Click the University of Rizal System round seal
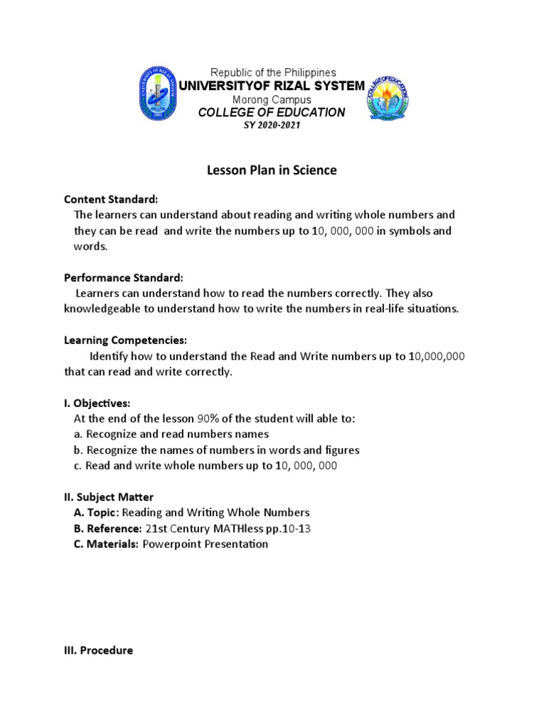(x=160, y=93)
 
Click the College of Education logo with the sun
(x=388, y=99)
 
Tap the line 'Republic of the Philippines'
(x=273, y=73)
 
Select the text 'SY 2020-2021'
(x=272, y=125)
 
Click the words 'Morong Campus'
(x=272, y=100)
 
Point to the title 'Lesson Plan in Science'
(x=272, y=170)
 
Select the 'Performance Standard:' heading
(x=124, y=277)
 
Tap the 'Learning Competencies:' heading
(x=125, y=340)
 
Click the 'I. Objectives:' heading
(x=97, y=403)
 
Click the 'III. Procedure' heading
(x=98, y=649)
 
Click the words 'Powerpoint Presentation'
(x=205, y=544)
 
